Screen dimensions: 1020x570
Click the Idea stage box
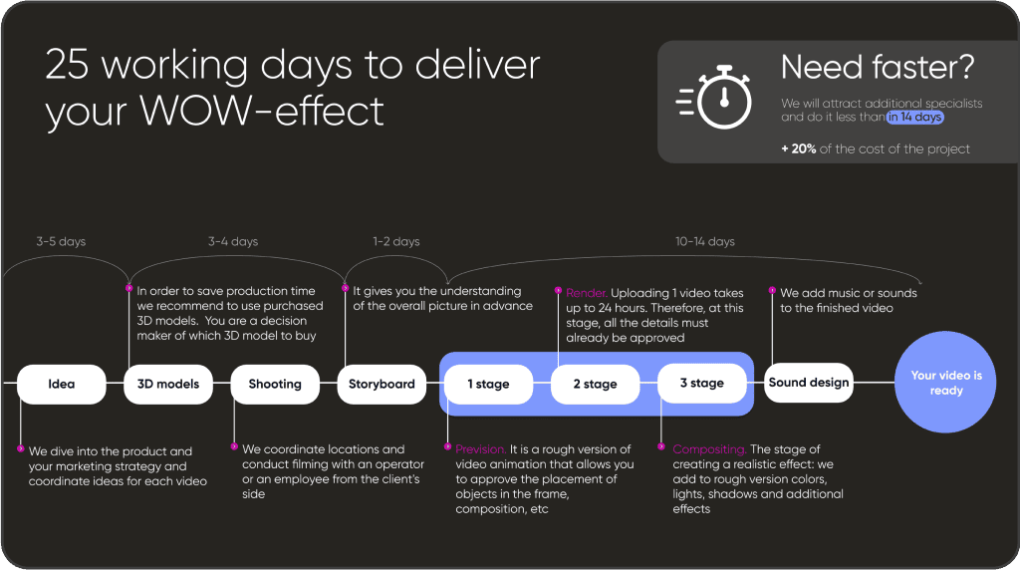click(x=62, y=384)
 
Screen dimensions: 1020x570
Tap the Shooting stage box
click(x=275, y=384)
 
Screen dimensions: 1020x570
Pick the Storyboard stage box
click(x=382, y=384)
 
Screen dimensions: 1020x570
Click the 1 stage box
click(x=489, y=384)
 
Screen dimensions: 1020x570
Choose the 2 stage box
click(x=596, y=384)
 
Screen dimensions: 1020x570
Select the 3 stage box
click(x=702, y=383)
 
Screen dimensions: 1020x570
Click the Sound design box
click(x=809, y=383)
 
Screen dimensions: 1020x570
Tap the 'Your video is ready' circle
click(x=946, y=384)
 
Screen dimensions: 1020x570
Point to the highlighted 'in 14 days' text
click(x=915, y=118)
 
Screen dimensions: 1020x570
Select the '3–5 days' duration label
click(x=61, y=241)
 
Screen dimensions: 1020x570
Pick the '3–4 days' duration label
click(x=233, y=241)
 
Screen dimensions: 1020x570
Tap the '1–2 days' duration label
click(x=395, y=241)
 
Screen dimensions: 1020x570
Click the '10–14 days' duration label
click(x=704, y=241)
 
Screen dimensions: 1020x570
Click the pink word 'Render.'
click(x=586, y=294)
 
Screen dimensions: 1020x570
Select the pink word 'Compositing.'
click(x=709, y=449)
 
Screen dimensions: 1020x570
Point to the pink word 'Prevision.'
click(x=480, y=449)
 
